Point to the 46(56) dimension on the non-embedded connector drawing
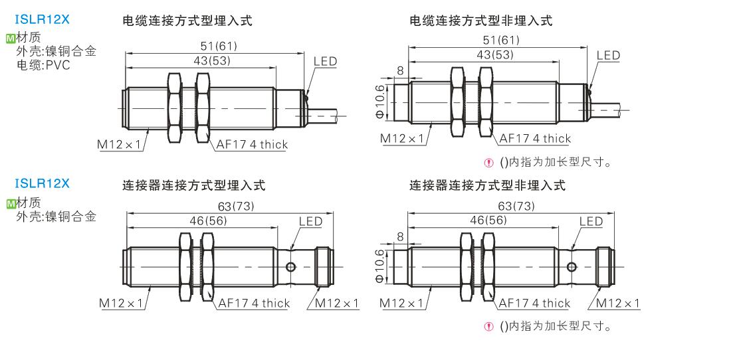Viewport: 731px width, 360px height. [x=488, y=220]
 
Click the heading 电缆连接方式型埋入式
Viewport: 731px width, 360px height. [x=187, y=21]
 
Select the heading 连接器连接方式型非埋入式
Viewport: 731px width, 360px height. [x=487, y=185]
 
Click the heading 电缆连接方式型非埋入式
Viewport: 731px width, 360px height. [x=481, y=21]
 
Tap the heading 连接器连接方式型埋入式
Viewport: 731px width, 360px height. [x=193, y=185]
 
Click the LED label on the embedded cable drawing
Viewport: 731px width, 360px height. [x=325, y=62]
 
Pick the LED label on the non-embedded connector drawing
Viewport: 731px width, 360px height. [x=591, y=221]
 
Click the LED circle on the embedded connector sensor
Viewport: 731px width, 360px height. [x=291, y=267]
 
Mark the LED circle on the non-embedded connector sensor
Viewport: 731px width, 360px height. [x=572, y=267]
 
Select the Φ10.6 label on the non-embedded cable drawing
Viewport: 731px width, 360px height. [x=380, y=100]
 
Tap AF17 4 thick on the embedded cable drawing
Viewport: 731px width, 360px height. [x=252, y=145]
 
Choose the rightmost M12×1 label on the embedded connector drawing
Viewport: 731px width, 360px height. [x=337, y=304]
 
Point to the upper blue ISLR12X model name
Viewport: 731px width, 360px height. [x=42, y=19]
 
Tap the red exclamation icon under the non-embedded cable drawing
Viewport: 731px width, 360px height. [x=490, y=162]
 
